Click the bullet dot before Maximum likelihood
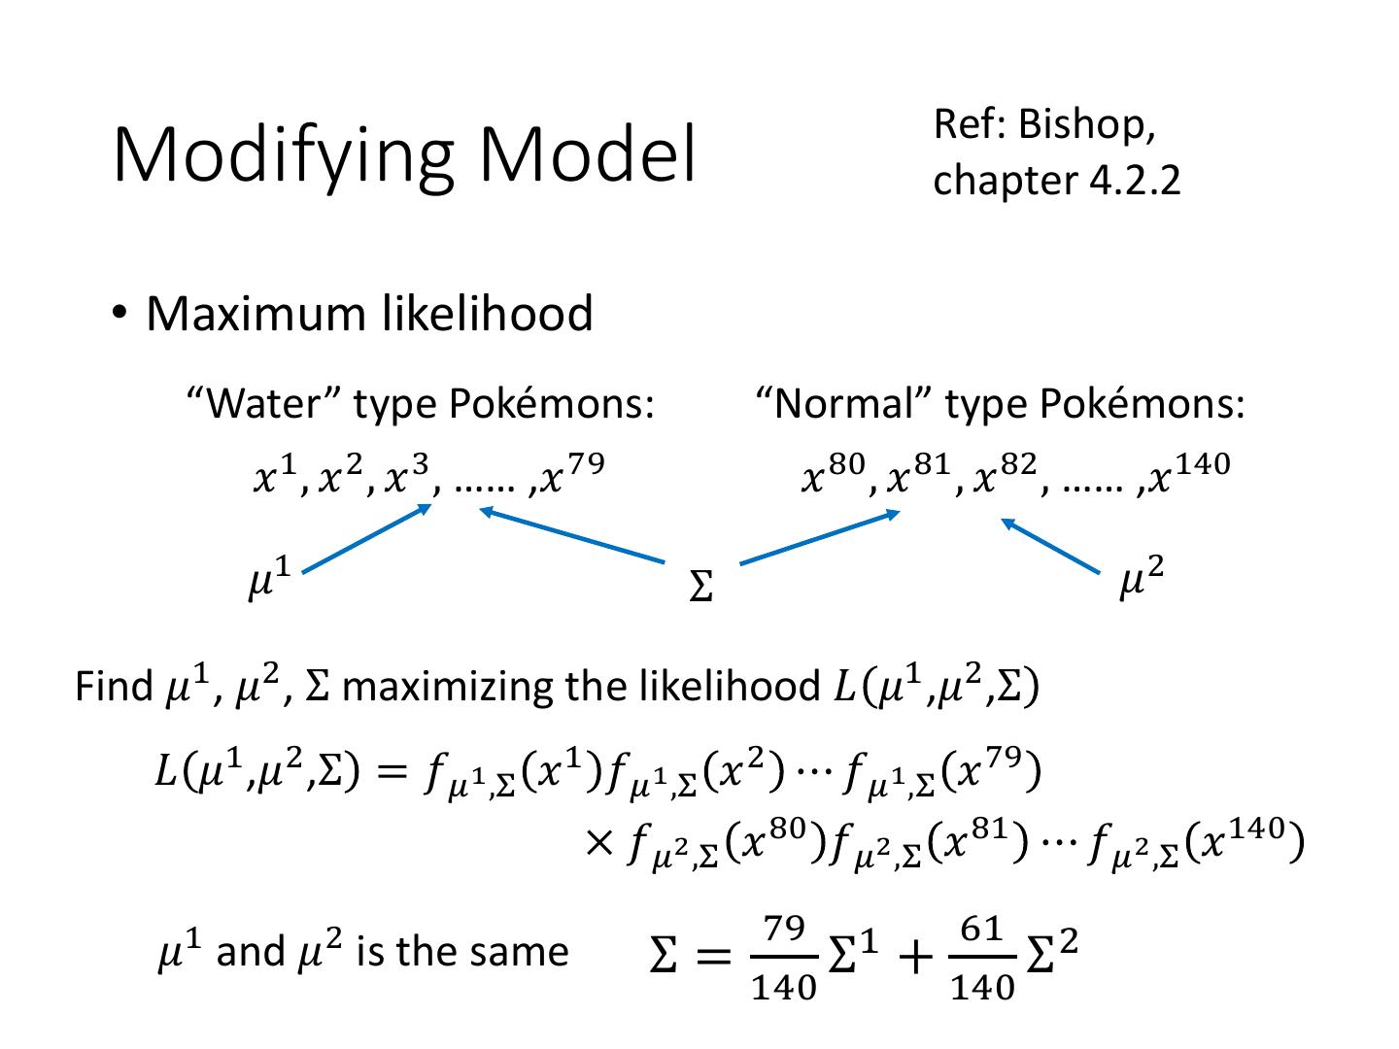pos(119,313)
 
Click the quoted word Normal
pos(844,402)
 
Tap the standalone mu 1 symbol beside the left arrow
pos(268,582)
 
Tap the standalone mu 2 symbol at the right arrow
pos(1141,579)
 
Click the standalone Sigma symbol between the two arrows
pos(699,586)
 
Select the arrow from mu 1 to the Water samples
pos(367,539)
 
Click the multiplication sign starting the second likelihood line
pos(598,842)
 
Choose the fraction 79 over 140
pos(784,958)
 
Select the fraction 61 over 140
pos(981,958)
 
